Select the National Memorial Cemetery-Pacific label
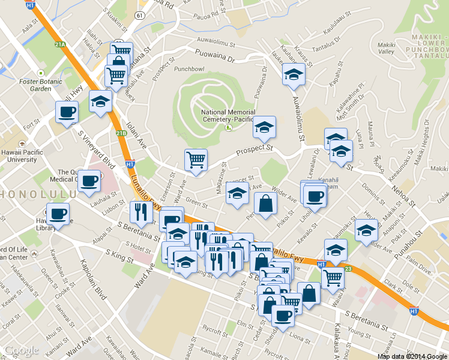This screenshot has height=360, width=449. (x=228, y=116)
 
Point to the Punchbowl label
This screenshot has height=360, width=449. (x=189, y=68)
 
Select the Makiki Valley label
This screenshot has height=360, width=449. (x=386, y=48)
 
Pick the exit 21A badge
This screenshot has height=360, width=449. (x=59, y=44)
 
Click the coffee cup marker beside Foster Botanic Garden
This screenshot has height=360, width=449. (x=67, y=112)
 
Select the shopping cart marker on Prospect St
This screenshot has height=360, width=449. (x=196, y=160)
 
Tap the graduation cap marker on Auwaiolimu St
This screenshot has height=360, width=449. (x=294, y=74)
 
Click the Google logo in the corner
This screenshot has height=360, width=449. (x=21, y=350)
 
